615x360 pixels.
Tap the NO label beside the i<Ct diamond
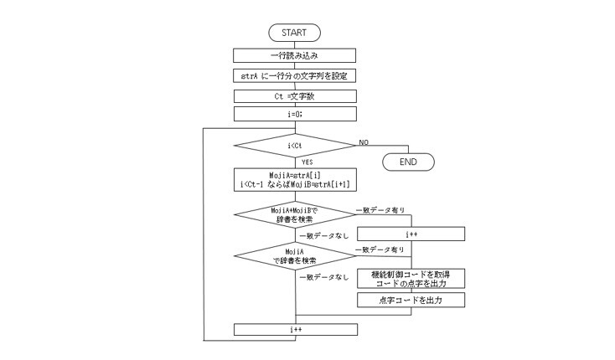coord(364,142)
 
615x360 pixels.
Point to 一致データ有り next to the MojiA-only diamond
coord(381,249)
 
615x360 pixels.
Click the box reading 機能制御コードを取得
coord(411,278)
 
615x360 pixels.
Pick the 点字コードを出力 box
coord(411,299)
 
